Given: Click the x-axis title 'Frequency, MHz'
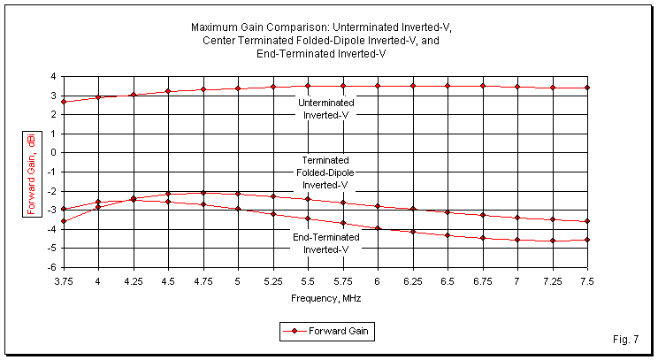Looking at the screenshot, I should click(x=325, y=298).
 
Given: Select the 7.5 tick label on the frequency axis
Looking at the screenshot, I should click(x=586, y=280).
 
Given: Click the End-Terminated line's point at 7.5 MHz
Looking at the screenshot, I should click(x=587, y=240).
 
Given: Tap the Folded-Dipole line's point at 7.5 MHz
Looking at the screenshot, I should click(x=587, y=221).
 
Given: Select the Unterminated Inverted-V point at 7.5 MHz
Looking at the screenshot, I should click(x=587, y=88).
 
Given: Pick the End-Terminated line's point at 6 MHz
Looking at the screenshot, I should click(x=378, y=228).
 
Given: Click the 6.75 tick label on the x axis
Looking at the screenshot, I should click(x=482, y=280).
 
